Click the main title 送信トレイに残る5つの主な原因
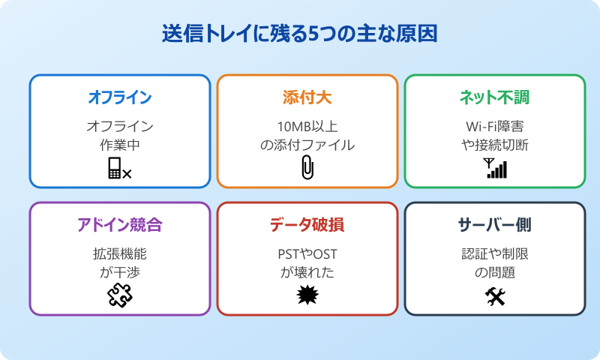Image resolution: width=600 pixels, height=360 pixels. pos(300,34)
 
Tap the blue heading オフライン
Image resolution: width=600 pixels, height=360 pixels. pos(120,97)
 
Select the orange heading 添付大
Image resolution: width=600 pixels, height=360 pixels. pos(307,97)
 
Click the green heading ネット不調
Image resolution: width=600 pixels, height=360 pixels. pos(495,97)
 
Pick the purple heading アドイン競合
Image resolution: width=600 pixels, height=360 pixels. pos(120,225)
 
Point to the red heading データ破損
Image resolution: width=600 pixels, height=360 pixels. pos(307,225)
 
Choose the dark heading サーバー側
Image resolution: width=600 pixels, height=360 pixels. pos(495,225)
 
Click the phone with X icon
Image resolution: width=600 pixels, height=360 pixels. pos(119,169)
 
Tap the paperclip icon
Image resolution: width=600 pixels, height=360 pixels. pos(307,169)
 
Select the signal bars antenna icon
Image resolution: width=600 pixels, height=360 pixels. pos(495,169)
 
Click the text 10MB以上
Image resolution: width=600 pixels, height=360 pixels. pos(307,126)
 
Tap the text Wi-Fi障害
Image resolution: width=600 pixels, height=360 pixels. pos(495,126)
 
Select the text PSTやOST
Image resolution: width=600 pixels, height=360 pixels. pos(307,253)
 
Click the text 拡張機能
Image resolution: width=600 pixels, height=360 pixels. pos(120,253)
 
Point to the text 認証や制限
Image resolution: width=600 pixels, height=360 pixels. pos(495,253)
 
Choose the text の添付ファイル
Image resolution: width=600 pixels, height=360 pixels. pos(307,145)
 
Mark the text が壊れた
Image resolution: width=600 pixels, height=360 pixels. pos(307,272)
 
